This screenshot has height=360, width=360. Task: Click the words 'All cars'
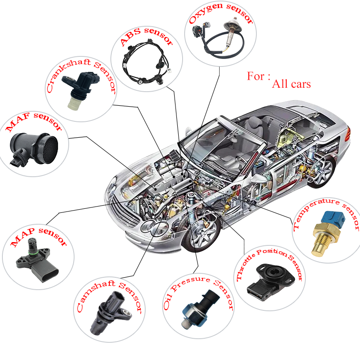(291, 83)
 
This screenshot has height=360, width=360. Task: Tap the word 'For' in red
(257, 76)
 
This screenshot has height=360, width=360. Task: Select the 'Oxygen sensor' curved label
(220, 16)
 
